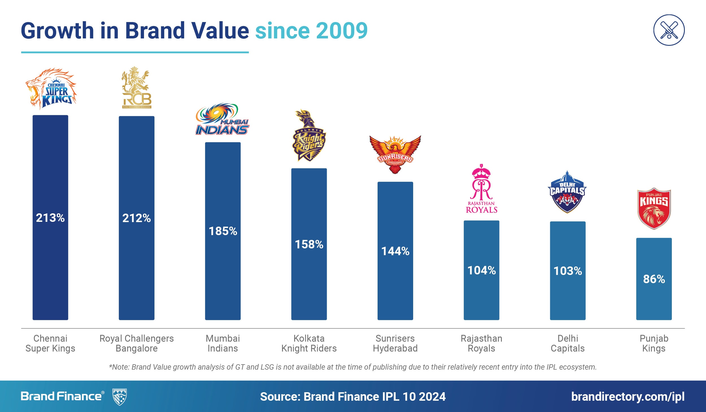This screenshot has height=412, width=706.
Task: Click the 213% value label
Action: tap(50, 218)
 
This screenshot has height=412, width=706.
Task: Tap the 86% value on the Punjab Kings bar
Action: tap(654, 279)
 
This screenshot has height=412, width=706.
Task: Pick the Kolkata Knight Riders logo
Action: tap(309, 136)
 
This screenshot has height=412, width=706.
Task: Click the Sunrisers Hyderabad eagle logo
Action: tap(395, 154)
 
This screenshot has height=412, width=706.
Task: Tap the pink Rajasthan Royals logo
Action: tap(481, 189)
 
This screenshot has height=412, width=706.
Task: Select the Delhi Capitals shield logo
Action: tap(567, 192)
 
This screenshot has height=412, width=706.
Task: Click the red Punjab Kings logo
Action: tap(654, 209)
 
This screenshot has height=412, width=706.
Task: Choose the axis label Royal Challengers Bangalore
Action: tap(137, 343)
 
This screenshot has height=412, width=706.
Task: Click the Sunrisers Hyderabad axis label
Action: tap(395, 343)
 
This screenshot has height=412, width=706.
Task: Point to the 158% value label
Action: tap(309, 244)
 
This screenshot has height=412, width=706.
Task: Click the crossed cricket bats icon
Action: tap(669, 30)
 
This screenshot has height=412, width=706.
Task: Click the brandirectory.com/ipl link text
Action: tap(628, 396)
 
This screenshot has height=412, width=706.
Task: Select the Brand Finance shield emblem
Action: tap(119, 397)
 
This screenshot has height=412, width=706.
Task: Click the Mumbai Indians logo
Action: tap(222, 120)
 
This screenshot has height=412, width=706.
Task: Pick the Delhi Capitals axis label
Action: tap(568, 343)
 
